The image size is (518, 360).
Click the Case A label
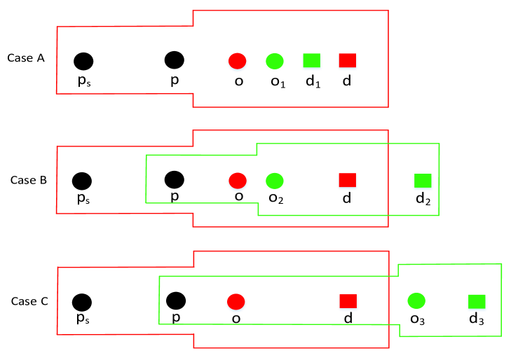point(26,58)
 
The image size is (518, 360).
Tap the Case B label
point(29,180)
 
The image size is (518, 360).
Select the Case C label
point(29,301)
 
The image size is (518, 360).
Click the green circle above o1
point(275,61)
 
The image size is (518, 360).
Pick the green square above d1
point(311,60)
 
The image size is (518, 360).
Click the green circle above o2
point(275,181)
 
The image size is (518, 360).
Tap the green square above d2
point(423,181)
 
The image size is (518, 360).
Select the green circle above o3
point(416,300)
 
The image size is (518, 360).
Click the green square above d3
point(477,302)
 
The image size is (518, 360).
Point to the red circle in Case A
point(237,61)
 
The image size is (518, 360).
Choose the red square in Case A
point(348,60)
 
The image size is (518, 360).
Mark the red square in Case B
point(348,180)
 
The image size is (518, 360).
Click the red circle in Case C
point(236,302)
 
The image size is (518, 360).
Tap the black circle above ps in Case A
point(83,62)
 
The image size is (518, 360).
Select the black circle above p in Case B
point(175,180)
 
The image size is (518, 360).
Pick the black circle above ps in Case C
point(82,303)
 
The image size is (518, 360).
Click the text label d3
point(477,319)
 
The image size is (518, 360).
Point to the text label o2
point(276,198)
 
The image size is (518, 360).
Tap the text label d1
point(313,81)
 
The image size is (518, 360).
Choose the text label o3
point(418,319)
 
